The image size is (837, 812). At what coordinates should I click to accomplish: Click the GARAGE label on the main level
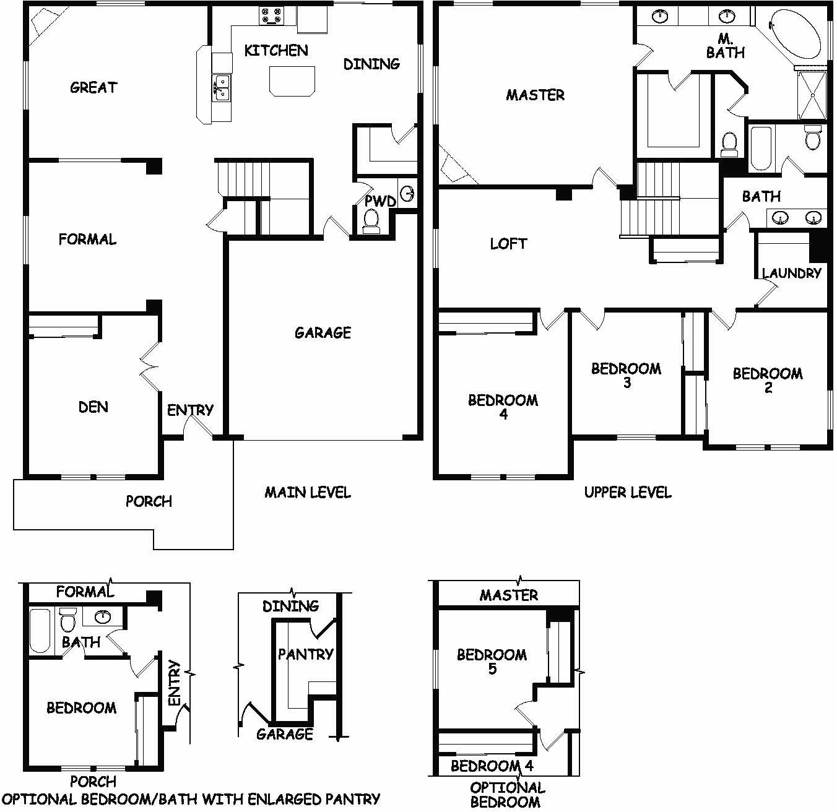tap(323, 333)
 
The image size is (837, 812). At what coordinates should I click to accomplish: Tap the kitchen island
tap(292, 80)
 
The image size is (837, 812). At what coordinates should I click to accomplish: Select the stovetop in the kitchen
tap(271, 15)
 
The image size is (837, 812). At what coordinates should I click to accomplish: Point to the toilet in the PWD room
tap(371, 221)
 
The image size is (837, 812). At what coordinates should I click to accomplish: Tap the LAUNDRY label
tap(791, 273)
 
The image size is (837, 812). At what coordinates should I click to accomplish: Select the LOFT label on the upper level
tap(508, 244)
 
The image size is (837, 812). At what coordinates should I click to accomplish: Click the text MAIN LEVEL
tap(308, 493)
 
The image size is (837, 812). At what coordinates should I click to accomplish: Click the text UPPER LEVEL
tap(628, 493)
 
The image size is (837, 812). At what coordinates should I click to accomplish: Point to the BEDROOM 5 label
tap(492, 661)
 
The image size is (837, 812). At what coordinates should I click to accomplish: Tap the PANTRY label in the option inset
tap(306, 654)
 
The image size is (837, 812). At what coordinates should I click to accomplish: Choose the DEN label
tap(93, 407)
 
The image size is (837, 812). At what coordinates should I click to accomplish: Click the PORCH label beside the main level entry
tap(149, 501)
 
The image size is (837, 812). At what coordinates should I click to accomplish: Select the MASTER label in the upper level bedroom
tap(535, 95)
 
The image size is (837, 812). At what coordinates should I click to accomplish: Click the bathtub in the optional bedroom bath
tap(40, 631)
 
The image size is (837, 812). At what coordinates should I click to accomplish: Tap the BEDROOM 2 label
tap(768, 380)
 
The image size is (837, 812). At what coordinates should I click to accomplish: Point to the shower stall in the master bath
tap(812, 95)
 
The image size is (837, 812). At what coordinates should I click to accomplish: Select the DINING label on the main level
tap(371, 64)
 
